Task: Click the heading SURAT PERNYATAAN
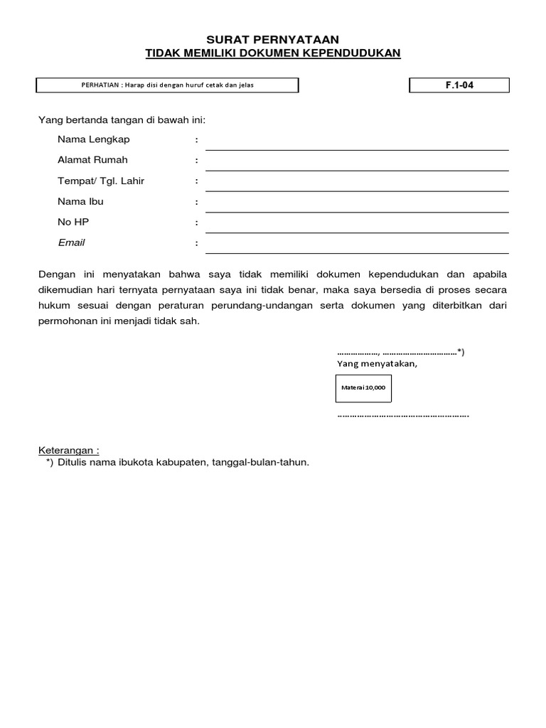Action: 273,39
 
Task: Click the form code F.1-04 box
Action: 459,85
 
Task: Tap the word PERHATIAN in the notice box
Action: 102,85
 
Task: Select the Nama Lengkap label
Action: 94,139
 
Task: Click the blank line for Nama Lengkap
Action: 357,145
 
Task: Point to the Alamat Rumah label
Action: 92,160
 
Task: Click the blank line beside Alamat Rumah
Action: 357,166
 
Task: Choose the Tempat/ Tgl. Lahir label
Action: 101,181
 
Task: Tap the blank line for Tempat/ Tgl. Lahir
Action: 357,186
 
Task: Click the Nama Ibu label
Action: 80,201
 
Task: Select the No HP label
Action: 73,222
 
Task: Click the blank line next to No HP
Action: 357,227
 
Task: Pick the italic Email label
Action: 71,242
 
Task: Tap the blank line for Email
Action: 357,248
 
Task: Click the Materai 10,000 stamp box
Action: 363,388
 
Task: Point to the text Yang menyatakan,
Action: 377,364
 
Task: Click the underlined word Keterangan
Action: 68,451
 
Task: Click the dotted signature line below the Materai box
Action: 402,415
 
